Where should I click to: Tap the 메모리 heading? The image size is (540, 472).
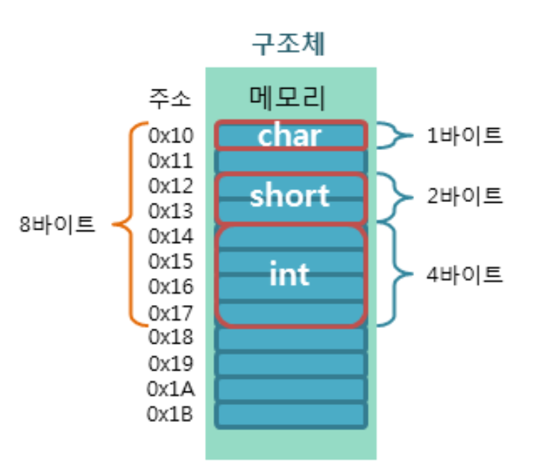click(x=290, y=96)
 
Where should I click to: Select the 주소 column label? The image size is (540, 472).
click(x=169, y=98)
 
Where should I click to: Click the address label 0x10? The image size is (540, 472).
click(x=171, y=136)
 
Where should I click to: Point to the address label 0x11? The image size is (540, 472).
click(x=171, y=161)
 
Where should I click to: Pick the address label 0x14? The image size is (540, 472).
click(x=171, y=236)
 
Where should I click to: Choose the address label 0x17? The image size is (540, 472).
click(x=171, y=312)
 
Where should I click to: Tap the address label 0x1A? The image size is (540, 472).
click(x=171, y=388)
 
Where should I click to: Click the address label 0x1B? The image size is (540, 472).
click(x=171, y=414)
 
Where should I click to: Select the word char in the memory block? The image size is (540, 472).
click(x=290, y=136)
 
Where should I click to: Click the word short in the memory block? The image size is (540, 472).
click(x=290, y=195)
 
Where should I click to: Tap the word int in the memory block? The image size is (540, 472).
click(x=290, y=274)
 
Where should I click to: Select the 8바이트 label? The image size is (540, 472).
click(x=57, y=224)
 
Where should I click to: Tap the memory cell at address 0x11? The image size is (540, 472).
click(x=290, y=161)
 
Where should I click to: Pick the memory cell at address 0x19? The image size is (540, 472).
click(x=290, y=364)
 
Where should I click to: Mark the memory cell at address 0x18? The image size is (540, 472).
click(x=290, y=339)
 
